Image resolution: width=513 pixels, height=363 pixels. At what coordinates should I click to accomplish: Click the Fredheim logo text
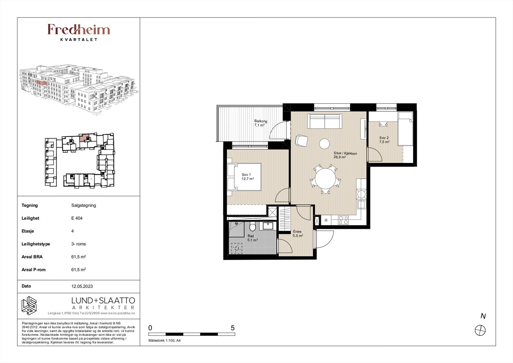(x=79, y=30)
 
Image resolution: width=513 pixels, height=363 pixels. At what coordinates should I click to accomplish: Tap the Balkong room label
(x=261, y=121)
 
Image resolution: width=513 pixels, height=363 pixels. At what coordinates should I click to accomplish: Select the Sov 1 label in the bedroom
(x=246, y=175)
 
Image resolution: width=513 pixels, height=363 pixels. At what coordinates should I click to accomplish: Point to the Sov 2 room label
(x=384, y=138)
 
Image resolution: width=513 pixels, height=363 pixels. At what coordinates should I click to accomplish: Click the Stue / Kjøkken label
(x=345, y=154)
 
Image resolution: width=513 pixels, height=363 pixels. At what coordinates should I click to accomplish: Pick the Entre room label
(x=297, y=232)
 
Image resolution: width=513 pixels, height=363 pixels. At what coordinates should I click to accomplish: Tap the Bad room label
(x=250, y=236)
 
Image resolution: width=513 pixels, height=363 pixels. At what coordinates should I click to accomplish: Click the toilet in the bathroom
(x=253, y=226)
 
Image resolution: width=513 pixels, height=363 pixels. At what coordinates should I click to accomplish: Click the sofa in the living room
(x=324, y=121)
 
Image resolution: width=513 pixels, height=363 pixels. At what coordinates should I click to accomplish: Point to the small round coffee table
(x=324, y=144)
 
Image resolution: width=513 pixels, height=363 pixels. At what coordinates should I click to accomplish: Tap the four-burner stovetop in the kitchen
(x=343, y=220)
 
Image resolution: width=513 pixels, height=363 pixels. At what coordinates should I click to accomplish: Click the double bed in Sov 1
(x=244, y=177)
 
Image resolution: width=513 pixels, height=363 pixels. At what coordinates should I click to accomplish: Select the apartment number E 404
(x=77, y=218)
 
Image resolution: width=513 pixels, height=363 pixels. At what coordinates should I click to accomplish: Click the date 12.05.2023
(x=82, y=286)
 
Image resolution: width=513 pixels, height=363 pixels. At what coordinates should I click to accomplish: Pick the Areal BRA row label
(x=32, y=257)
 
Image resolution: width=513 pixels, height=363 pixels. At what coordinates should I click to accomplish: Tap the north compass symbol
(x=480, y=331)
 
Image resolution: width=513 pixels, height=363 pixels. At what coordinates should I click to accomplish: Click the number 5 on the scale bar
(x=233, y=328)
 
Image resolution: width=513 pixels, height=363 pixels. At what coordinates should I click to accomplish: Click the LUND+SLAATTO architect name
(x=103, y=300)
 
